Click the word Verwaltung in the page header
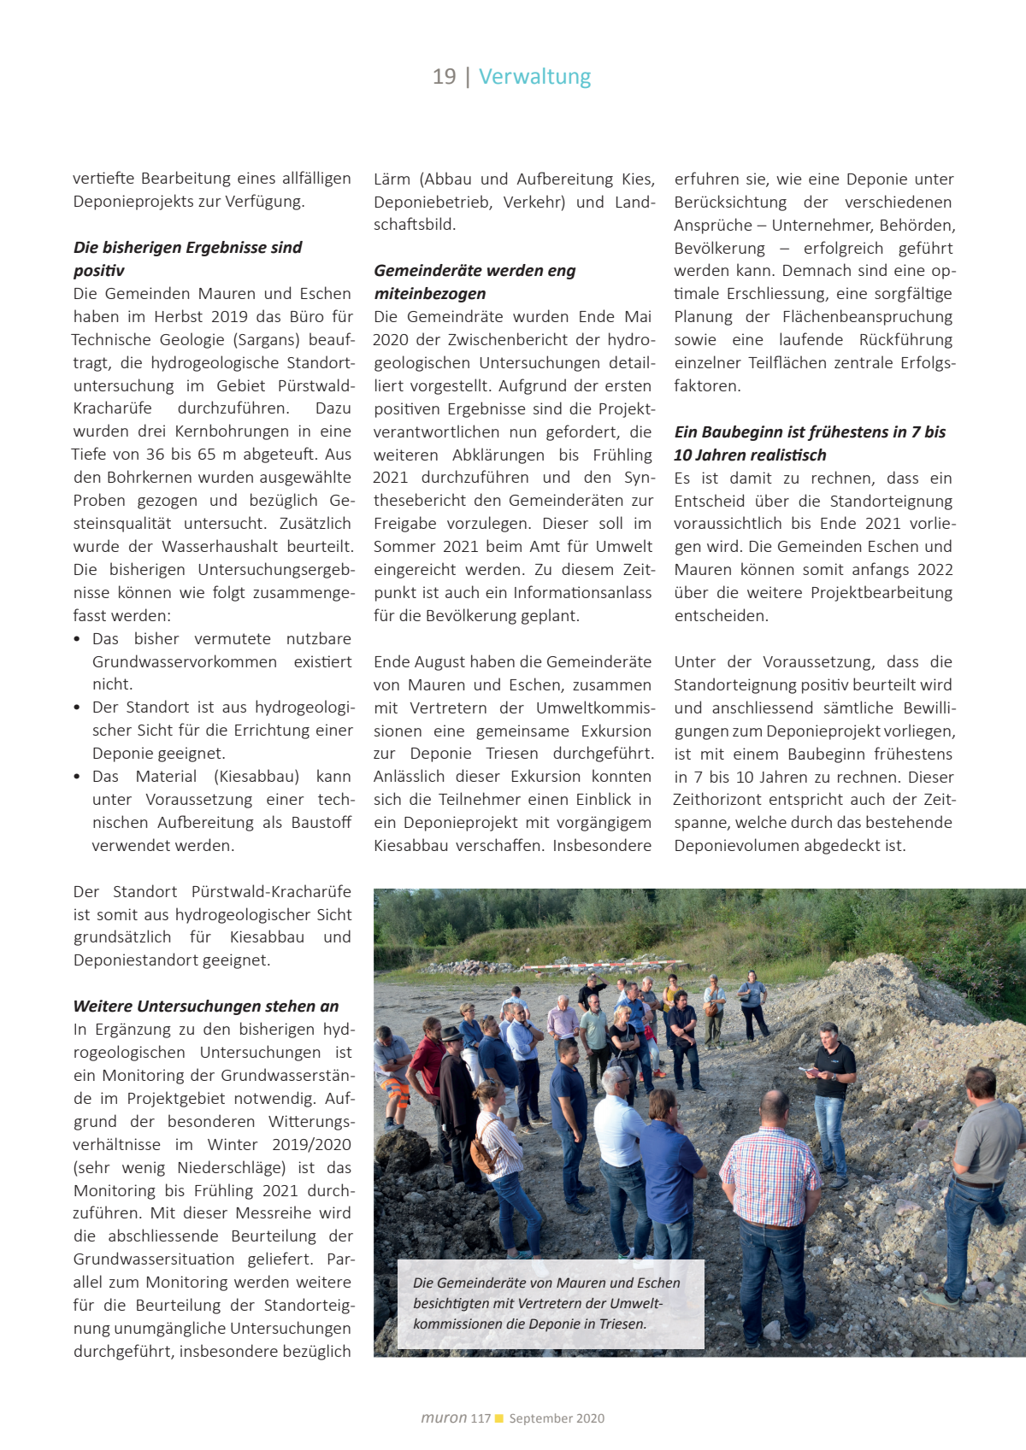tap(534, 77)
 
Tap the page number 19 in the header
tap(444, 77)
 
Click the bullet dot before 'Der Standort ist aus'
tap(78, 707)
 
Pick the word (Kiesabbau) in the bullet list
tap(256, 777)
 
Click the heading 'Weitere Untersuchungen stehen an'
tap(206, 1007)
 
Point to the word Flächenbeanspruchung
tap(867, 317)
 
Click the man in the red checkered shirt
tap(771, 1179)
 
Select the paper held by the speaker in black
tap(807, 1069)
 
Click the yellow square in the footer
tap(499, 1418)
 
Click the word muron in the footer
tap(444, 1418)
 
